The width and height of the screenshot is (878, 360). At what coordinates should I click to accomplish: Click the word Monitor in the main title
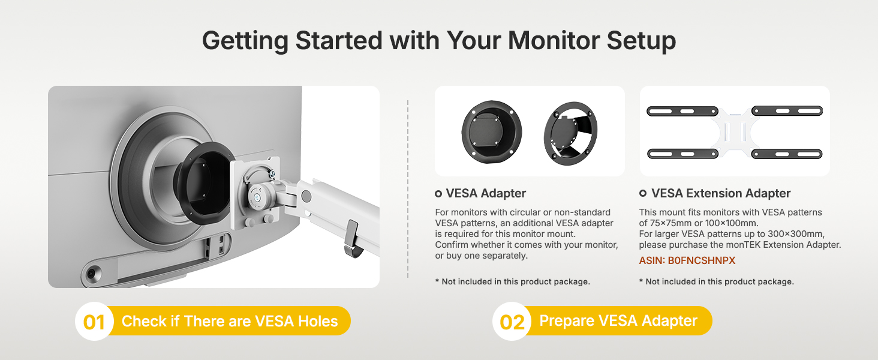(554, 40)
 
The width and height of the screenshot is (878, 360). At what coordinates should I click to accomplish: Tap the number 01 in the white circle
(94, 322)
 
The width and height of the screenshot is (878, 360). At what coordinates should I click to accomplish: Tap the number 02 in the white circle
(512, 322)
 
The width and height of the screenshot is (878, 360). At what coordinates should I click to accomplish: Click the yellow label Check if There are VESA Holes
(230, 321)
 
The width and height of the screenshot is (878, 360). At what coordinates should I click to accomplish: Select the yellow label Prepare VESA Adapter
(618, 321)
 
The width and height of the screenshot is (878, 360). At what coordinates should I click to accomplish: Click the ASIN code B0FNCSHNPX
(701, 261)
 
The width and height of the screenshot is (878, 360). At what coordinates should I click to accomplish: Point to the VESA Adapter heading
(486, 193)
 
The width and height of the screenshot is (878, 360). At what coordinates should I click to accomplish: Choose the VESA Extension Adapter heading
(720, 193)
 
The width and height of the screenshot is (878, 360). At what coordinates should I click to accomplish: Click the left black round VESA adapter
(492, 132)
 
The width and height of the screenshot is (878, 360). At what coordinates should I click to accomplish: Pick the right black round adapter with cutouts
(570, 133)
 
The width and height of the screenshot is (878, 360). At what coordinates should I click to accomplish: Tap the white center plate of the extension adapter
(735, 132)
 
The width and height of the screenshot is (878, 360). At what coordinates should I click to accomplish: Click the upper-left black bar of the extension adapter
(682, 112)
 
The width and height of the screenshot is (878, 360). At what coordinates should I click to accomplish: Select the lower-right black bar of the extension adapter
(787, 154)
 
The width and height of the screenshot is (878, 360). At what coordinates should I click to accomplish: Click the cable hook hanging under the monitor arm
(353, 240)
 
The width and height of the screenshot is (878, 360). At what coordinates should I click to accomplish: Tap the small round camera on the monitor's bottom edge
(93, 273)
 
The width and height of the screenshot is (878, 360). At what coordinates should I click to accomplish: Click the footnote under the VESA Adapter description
(512, 281)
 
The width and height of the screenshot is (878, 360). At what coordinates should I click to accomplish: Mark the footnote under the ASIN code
(717, 281)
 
